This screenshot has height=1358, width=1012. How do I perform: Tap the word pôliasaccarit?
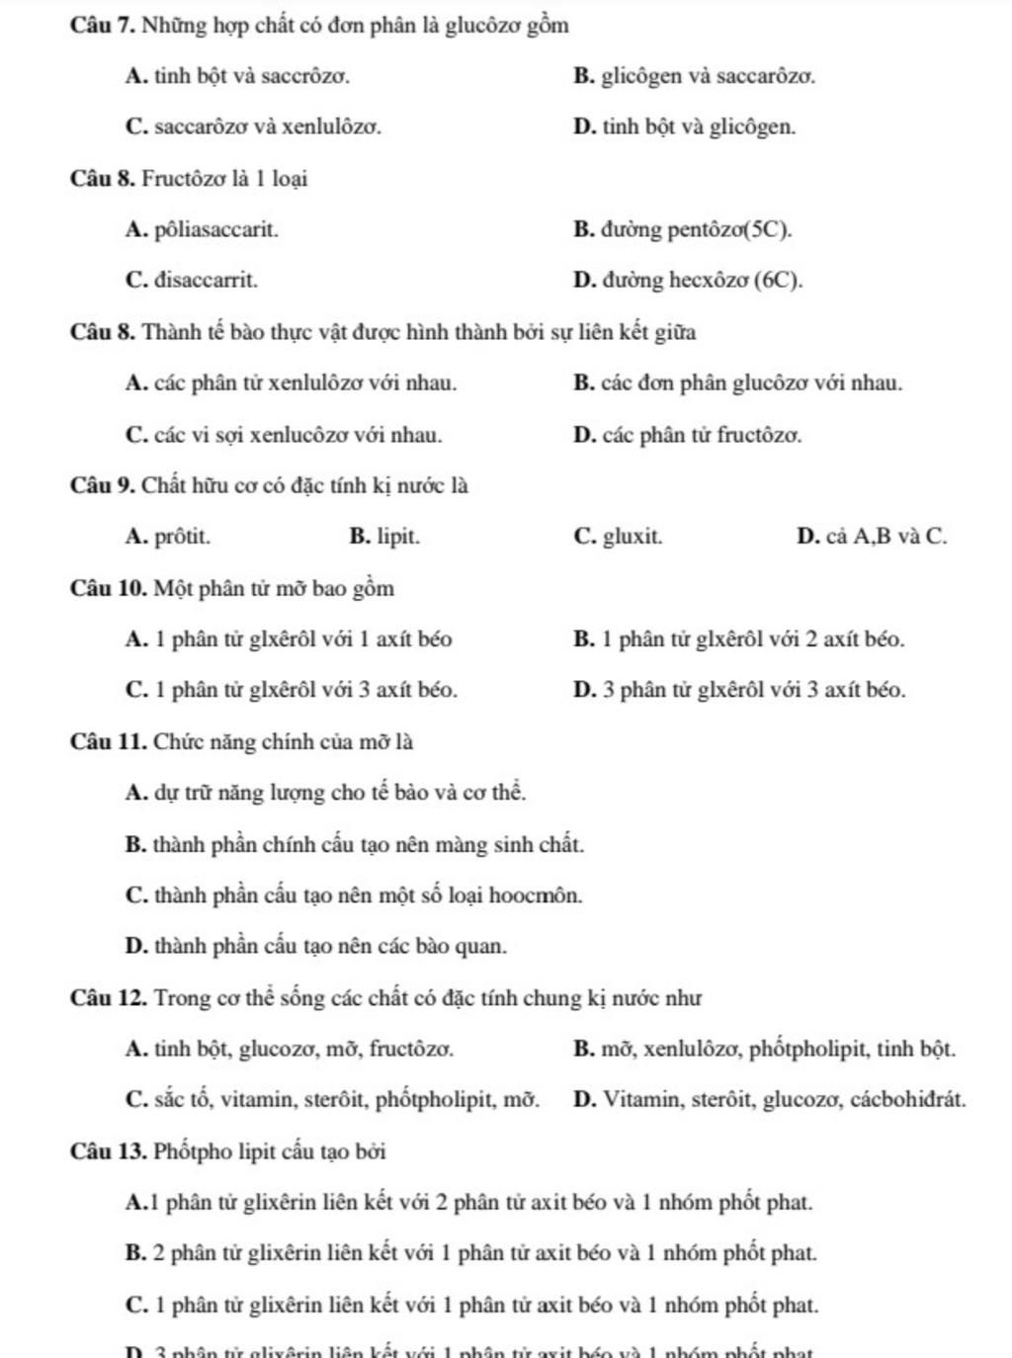coord(216,230)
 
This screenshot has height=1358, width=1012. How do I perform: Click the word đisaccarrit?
coord(206,281)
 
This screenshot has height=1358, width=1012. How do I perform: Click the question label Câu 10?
coord(108,589)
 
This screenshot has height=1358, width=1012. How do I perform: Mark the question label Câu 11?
coord(108,742)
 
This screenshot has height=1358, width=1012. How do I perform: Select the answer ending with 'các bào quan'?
coord(316,947)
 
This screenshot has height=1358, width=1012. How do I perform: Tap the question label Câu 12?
coord(108,998)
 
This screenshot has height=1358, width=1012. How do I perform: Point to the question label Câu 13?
coord(108,1152)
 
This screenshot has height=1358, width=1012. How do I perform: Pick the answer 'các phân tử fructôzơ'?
coord(687,435)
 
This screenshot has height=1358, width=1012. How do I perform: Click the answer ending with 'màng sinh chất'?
coord(355,845)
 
